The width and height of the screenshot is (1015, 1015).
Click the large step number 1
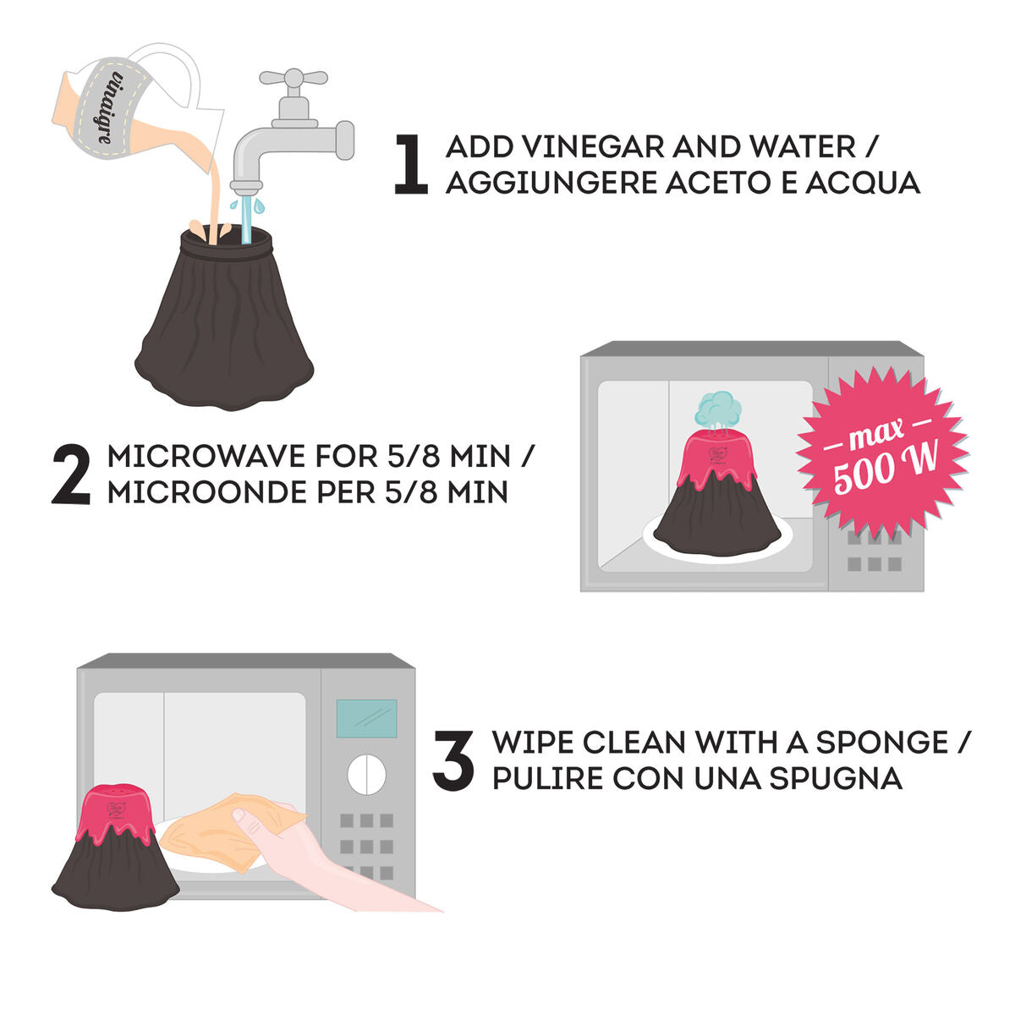pos(411,166)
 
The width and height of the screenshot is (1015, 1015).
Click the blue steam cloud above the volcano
pos(718,409)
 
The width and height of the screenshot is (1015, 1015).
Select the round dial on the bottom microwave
pos(367,773)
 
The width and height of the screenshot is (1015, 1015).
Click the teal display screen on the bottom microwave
pos(366,718)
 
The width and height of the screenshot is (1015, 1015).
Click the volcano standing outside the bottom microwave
pos(117,850)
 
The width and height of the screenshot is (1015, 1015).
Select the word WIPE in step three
pos(533,743)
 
